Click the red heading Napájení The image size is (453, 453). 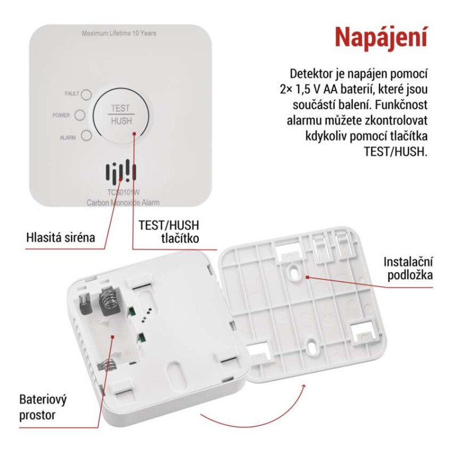(x=379, y=36)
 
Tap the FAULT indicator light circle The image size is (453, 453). (x=86, y=94)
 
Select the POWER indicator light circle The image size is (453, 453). (x=80, y=115)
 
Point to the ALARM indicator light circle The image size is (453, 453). (x=86, y=136)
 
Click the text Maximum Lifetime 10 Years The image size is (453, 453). (x=119, y=33)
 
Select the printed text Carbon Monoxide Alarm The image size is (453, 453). (x=123, y=202)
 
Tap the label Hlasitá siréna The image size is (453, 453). (x=61, y=237)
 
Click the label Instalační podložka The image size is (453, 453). (x=408, y=268)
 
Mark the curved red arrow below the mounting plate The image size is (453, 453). (x=255, y=416)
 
